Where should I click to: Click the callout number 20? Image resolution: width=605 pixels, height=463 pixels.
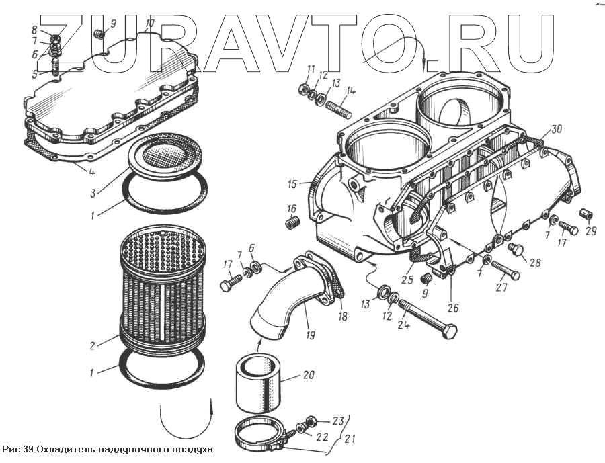tap(308, 374)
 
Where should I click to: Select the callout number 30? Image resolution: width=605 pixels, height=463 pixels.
tap(554, 129)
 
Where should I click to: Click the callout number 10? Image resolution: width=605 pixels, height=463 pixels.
tap(149, 23)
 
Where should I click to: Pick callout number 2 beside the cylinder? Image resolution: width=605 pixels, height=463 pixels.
tap(92, 347)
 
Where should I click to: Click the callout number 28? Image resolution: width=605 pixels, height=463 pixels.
tap(534, 262)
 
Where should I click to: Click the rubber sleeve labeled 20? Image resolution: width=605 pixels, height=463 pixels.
tap(259, 384)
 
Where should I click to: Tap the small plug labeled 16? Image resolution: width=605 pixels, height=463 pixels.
tap(291, 222)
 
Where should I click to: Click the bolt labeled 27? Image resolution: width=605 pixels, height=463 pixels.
tap(505, 270)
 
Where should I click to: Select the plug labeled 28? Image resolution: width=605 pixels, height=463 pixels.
tap(516, 251)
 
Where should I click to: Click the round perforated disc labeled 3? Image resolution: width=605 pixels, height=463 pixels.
tap(164, 155)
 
